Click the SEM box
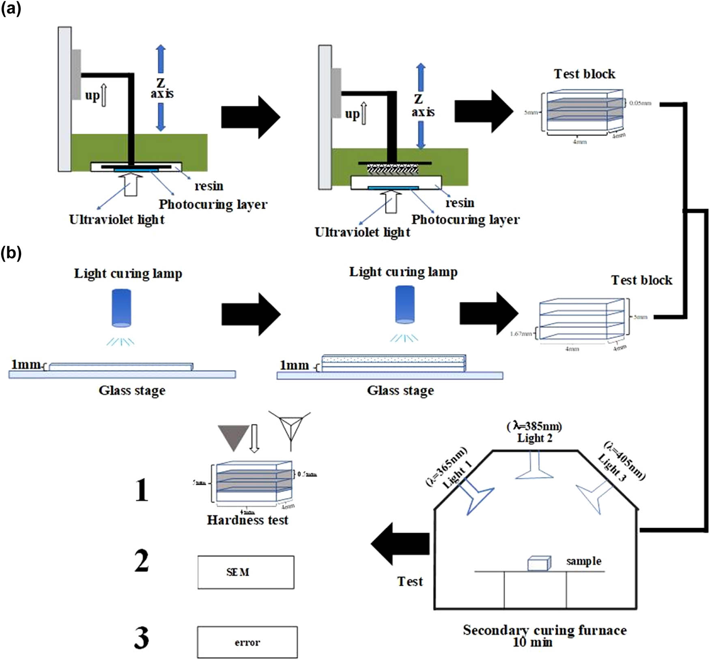click(x=246, y=572)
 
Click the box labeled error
click(x=247, y=642)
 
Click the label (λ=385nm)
click(x=534, y=426)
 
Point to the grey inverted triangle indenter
click(x=233, y=436)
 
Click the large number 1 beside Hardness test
click(x=142, y=490)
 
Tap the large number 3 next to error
click(x=142, y=638)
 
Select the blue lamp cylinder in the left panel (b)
click(x=121, y=307)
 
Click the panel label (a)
click(x=11, y=8)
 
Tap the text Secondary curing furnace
click(x=544, y=630)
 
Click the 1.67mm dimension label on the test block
click(x=521, y=334)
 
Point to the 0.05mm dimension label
click(x=640, y=103)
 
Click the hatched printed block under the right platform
click(x=392, y=169)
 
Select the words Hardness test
click(x=247, y=520)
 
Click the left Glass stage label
click(x=132, y=391)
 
